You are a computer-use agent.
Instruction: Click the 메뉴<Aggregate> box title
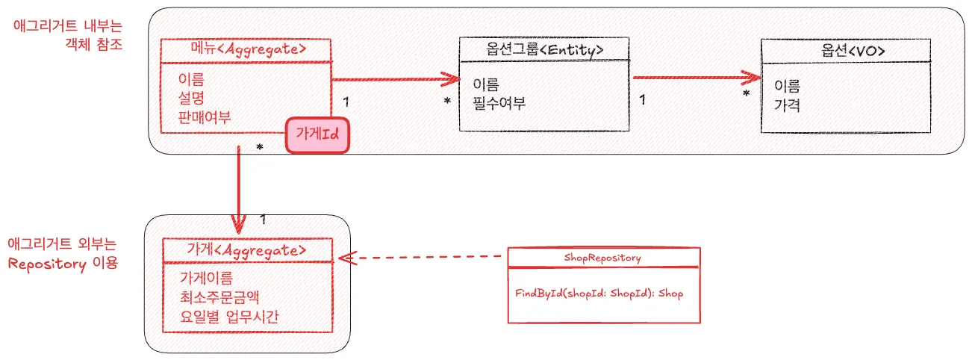246,51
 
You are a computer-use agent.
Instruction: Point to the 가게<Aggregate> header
247,250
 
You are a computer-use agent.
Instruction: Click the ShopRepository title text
603,258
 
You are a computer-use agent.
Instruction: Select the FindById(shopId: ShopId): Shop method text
599,294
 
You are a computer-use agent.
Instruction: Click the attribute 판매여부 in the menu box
205,117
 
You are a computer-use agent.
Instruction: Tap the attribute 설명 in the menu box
191,98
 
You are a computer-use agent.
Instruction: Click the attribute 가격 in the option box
788,105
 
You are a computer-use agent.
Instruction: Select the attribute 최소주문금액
214,299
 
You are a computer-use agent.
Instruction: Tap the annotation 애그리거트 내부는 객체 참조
68,34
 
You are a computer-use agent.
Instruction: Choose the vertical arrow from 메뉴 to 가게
238,187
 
